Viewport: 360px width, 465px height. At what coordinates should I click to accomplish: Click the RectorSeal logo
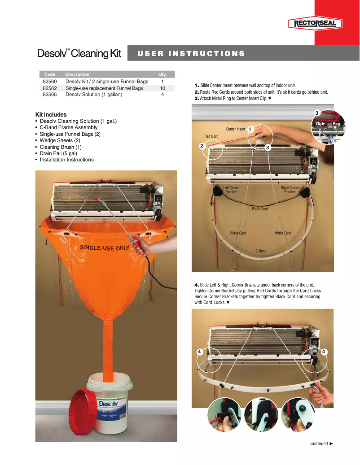pyautogui.click(x=315, y=24)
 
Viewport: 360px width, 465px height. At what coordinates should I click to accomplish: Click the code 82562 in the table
pyautogui.click(x=49, y=88)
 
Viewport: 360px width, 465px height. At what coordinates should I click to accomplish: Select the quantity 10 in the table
pyautogui.click(x=162, y=88)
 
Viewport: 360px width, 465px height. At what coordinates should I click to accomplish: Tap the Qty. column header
pyautogui.click(x=162, y=74)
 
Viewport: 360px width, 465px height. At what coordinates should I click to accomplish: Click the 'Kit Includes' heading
pyautogui.click(x=51, y=115)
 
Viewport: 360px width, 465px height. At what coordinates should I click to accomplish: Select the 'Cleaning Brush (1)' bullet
pyautogui.click(x=61, y=147)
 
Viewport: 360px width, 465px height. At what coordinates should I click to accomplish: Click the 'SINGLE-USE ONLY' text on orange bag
pyautogui.click(x=105, y=248)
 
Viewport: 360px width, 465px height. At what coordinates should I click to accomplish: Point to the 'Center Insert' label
pyautogui.click(x=236, y=129)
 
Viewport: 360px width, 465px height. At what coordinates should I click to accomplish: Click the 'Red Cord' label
pyautogui.click(x=211, y=136)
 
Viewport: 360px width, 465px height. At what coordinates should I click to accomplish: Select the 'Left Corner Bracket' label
pyautogui.click(x=231, y=190)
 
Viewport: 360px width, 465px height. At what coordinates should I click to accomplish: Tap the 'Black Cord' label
pyautogui.click(x=260, y=209)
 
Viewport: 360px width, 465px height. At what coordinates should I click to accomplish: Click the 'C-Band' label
pyautogui.click(x=261, y=251)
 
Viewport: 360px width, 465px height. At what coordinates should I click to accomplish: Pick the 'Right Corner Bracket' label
pyautogui.click(x=290, y=190)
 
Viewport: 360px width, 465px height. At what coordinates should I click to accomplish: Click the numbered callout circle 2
pyautogui.click(x=202, y=146)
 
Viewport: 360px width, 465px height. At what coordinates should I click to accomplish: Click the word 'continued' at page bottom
pyautogui.click(x=318, y=444)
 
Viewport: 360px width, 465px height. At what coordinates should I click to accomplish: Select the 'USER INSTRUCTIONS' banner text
pyautogui.click(x=191, y=54)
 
